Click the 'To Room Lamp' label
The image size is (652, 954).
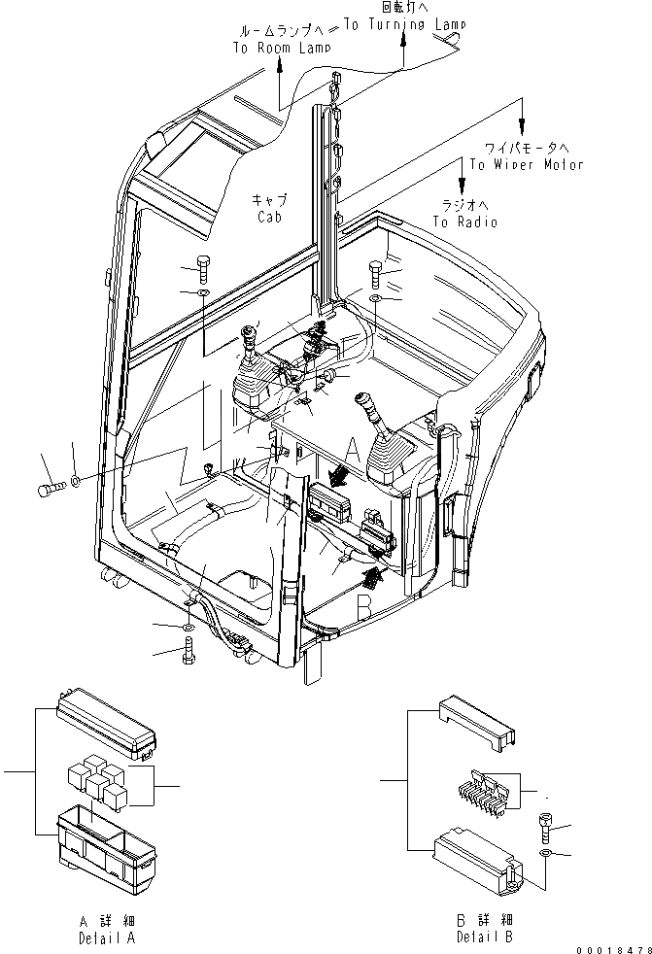[x=281, y=47]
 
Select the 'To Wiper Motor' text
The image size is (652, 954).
[x=526, y=164]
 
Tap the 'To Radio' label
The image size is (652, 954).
[x=464, y=222]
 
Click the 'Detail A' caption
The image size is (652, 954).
[x=108, y=939]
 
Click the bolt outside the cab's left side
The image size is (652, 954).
[x=51, y=489]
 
